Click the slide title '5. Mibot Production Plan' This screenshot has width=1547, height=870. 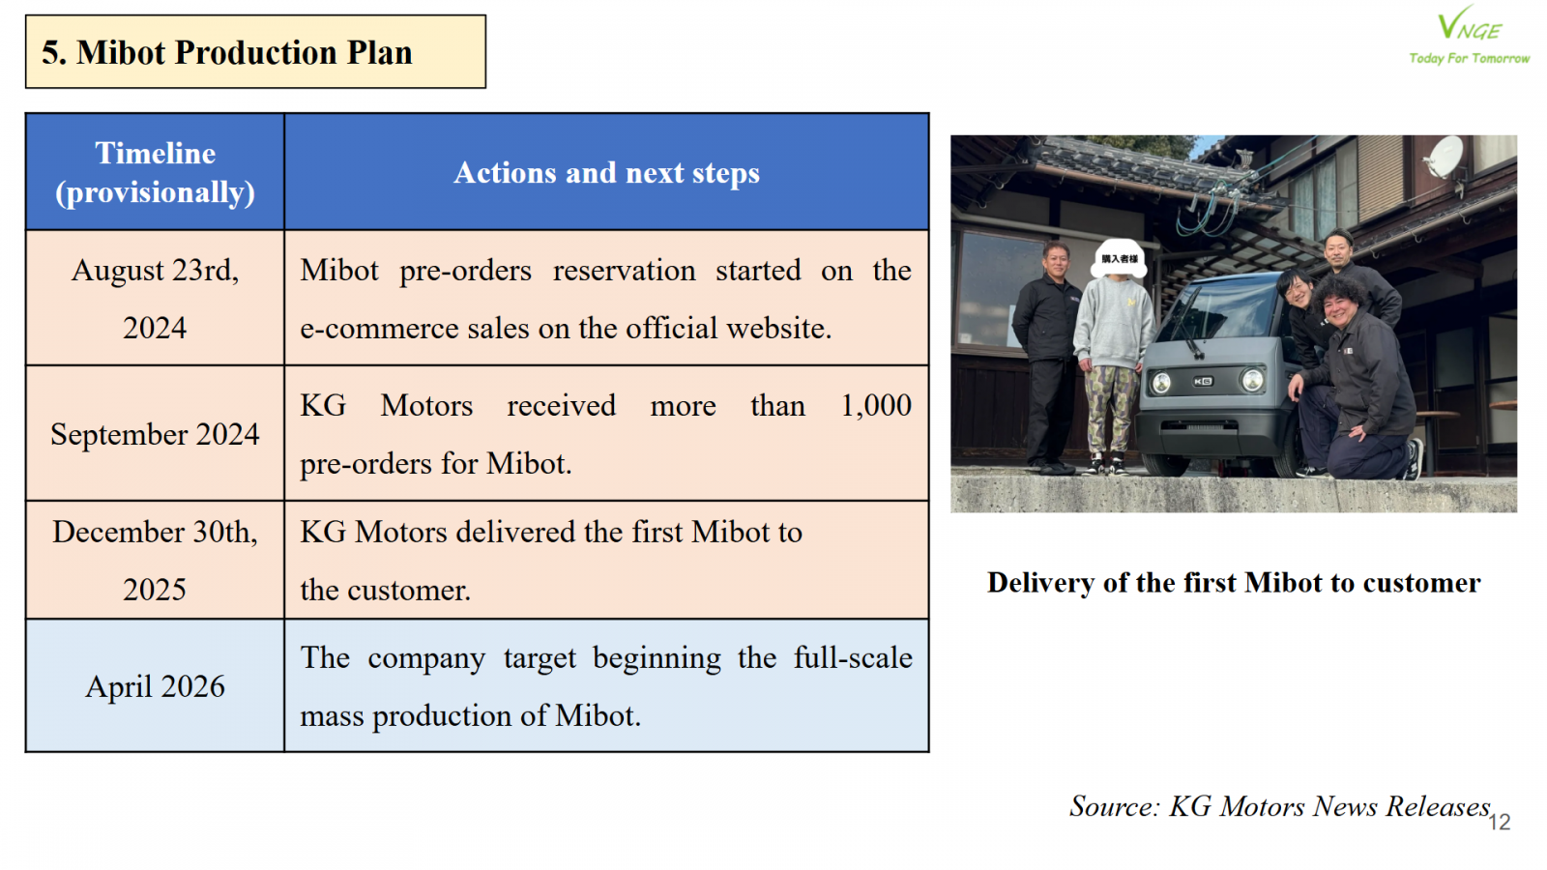[x=227, y=52]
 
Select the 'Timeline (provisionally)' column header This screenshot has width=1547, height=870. [x=155, y=172]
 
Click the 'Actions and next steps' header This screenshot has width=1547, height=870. [x=606, y=172]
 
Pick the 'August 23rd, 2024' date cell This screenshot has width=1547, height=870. [x=155, y=299]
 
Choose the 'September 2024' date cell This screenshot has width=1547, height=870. [x=155, y=434]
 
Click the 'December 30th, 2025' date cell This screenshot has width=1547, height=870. [x=155, y=560]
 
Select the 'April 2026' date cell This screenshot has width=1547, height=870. [x=155, y=686]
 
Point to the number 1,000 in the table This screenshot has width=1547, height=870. [x=876, y=406]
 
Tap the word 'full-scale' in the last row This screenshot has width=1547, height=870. [x=853, y=657]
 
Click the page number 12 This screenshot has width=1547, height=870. [x=1500, y=822]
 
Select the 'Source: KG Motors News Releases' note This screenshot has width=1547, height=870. [x=1280, y=806]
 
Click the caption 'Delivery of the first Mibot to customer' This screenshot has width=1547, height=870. [x=1234, y=583]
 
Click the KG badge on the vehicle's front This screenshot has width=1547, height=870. [x=1203, y=381]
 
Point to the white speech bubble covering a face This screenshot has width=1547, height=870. [x=1119, y=257]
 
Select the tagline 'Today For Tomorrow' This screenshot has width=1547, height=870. [x=1469, y=59]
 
